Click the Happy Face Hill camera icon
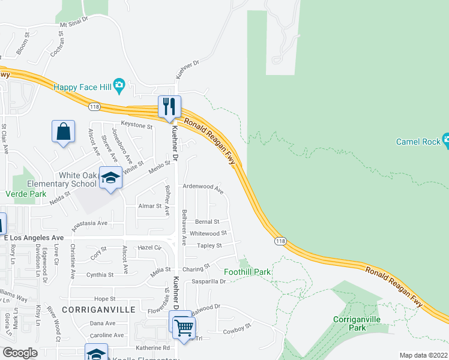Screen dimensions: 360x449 tap(119, 86)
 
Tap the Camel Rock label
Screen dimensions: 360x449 tap(418, 142)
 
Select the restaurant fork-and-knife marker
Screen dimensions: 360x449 tap(169, 106)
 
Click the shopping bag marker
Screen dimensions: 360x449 tap(64, 131)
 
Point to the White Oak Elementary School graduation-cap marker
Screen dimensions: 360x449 tap(110, 178)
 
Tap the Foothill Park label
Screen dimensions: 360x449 tap(247, 272)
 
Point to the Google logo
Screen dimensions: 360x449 tap(20, 353)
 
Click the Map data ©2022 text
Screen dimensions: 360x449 tap(423, 355)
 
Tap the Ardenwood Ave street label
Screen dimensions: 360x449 tap(203, 188)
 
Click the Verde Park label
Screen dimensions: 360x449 tap(26, 194)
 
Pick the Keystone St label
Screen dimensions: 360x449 tap(137, 125)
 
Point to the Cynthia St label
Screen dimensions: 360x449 tap(100, 275)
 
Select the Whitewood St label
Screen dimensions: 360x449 tap(208, 233)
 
